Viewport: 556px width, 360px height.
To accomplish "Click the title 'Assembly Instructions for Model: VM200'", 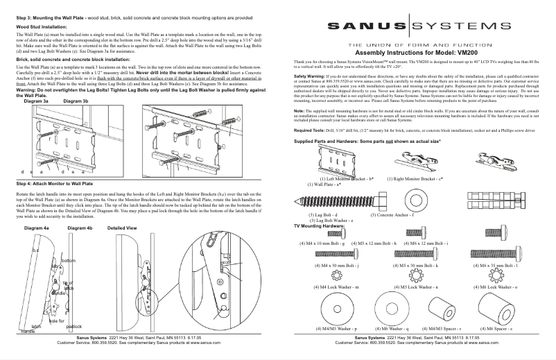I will pos(420,53).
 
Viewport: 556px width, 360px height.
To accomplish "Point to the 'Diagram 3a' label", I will pos(36,101).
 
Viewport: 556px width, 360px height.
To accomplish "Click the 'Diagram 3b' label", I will pos(76,101).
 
